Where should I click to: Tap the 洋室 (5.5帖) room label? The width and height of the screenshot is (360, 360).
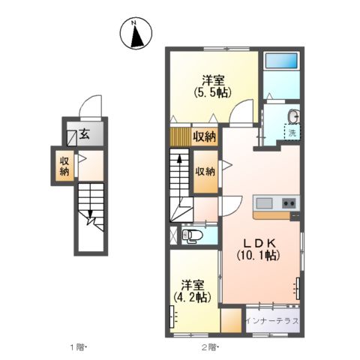pos(212,85)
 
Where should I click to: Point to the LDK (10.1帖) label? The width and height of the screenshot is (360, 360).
pos(259,249)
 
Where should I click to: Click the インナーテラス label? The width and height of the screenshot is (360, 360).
pos(273,321)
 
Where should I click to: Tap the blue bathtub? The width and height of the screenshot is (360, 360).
pos(282,61)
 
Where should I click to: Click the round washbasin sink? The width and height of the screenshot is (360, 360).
pos(293,115)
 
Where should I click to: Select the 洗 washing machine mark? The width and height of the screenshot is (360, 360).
pos(292,133)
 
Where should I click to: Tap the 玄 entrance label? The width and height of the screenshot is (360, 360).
pos(85,136)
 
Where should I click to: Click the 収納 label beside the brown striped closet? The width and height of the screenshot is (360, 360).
pos(205,136)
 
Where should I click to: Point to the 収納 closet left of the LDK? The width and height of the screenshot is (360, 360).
pos(205,171)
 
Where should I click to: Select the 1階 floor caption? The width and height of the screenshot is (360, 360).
pos(77,346)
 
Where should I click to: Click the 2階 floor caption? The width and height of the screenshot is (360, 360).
pos(208,346)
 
